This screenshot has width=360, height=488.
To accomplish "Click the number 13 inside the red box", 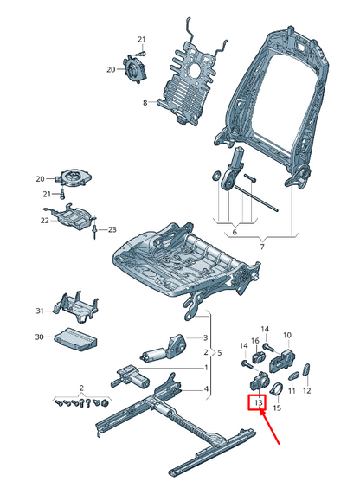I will click(257, 402).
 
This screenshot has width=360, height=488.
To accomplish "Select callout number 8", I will click(145, 104).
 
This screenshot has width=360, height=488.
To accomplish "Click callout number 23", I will click(112, 229).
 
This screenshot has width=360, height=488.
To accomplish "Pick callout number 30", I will click(39, 337).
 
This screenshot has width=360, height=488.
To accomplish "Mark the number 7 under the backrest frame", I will click(262, 247).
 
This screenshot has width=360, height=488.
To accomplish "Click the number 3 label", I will click(206, 337).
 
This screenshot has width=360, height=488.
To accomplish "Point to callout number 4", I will click(206, 389).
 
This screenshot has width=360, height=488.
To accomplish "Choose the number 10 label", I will click(287, 335).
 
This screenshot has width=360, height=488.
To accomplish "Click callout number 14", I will click(266, 330).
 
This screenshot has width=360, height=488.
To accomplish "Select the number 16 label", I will click(254, 342).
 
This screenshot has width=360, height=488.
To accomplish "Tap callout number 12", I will click(308, 392).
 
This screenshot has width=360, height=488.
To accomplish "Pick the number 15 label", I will click(277, 408).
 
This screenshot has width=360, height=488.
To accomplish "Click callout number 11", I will click(292, 392).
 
